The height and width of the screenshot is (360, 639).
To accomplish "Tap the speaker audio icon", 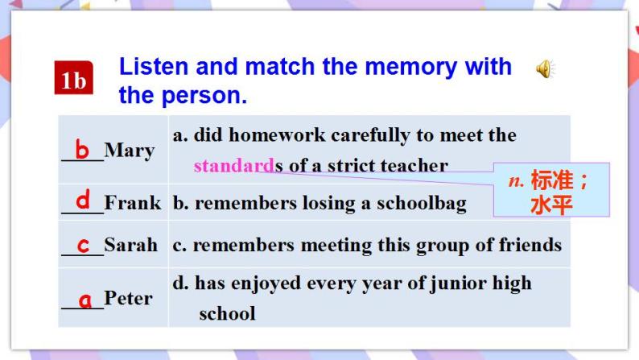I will tap(545, 71).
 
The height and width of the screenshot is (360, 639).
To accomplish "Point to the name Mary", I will tap(129, 150).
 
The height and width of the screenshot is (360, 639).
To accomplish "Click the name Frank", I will tap(133, 203).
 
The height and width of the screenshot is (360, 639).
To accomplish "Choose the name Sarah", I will tap(131, 244).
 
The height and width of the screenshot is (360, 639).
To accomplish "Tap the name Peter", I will tap(128, 298).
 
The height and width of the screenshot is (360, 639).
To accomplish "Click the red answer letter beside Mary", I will tap(82, 149).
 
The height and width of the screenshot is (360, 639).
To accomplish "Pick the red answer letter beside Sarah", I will tap(83, 243).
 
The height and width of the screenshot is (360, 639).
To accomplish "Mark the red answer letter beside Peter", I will tap(85, 300).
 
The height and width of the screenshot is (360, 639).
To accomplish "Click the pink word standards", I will tap(234, 166).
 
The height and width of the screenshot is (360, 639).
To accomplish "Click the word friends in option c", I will tap(529, 244).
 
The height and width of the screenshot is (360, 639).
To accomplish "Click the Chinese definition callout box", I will tap(551, 191).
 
